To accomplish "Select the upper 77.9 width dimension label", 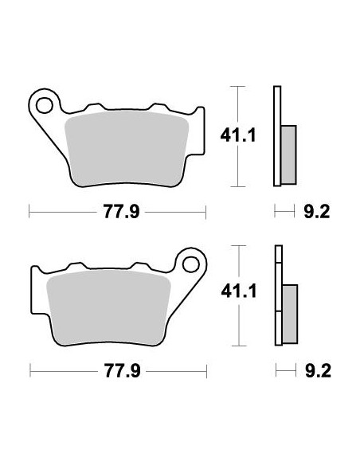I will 116,212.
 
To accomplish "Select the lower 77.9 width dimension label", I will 116,370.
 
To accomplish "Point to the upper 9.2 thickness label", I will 317,212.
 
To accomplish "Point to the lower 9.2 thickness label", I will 317,370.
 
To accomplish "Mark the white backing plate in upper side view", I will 277,135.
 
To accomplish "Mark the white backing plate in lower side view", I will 277,295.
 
